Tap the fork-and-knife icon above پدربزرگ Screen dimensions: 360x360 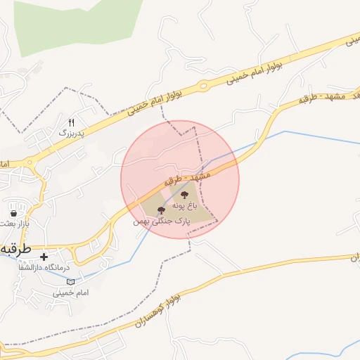[71, 122]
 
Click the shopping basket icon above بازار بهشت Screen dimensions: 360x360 [13, 212]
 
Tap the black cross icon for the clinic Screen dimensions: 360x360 [44, 257]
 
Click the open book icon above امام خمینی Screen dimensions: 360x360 [70, 281]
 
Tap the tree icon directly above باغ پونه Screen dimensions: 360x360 [184, 195]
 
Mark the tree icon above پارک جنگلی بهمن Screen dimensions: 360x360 [161, 210]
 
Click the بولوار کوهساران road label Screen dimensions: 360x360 [157, 314]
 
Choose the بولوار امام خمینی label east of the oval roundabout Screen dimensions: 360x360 [255, 67]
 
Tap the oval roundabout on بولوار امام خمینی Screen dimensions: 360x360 [203, 86]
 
